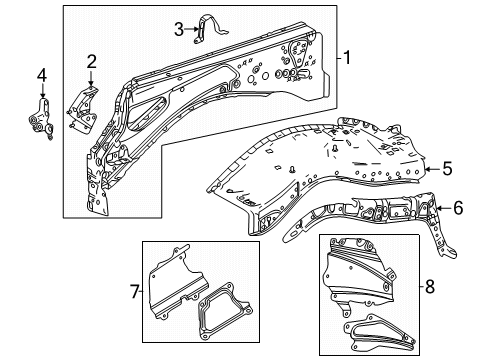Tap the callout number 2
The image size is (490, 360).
90,63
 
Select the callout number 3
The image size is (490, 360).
179,29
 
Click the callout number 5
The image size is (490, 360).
448,168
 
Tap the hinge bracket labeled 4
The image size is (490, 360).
41,118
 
